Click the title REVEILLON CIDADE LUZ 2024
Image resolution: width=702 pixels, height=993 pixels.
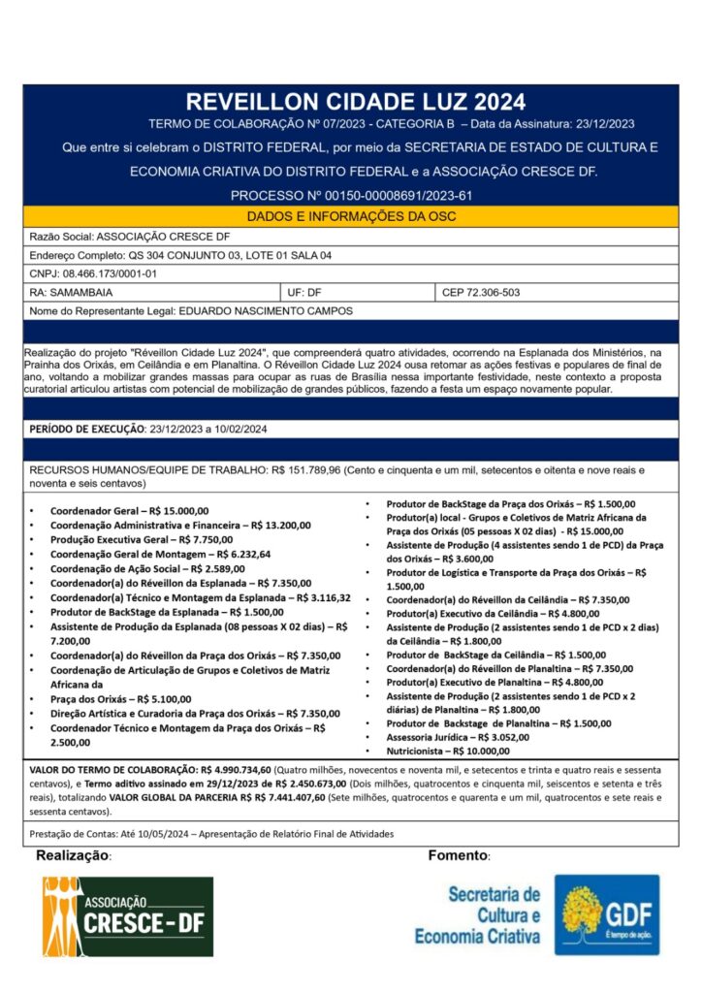tap(355, 102)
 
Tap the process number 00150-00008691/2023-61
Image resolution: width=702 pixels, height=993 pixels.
tap(384, 196)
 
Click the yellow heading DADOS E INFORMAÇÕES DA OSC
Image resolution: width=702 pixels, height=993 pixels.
tap(351, 216)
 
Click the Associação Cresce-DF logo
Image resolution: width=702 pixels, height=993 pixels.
tap(127, 916)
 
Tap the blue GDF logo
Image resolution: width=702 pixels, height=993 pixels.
tap(606, 914)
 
